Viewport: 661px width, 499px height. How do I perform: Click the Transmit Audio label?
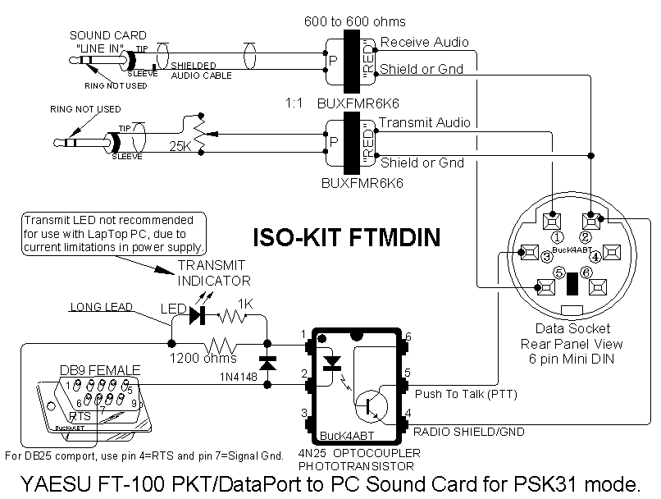pos(426,122)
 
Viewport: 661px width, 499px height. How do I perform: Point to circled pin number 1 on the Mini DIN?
pos(557,236)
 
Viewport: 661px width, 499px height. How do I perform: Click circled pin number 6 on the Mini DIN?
pos(586,272)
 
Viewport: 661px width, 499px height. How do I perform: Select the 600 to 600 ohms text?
pos(366,21)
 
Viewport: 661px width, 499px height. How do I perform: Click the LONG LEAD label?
pos(101,308)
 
